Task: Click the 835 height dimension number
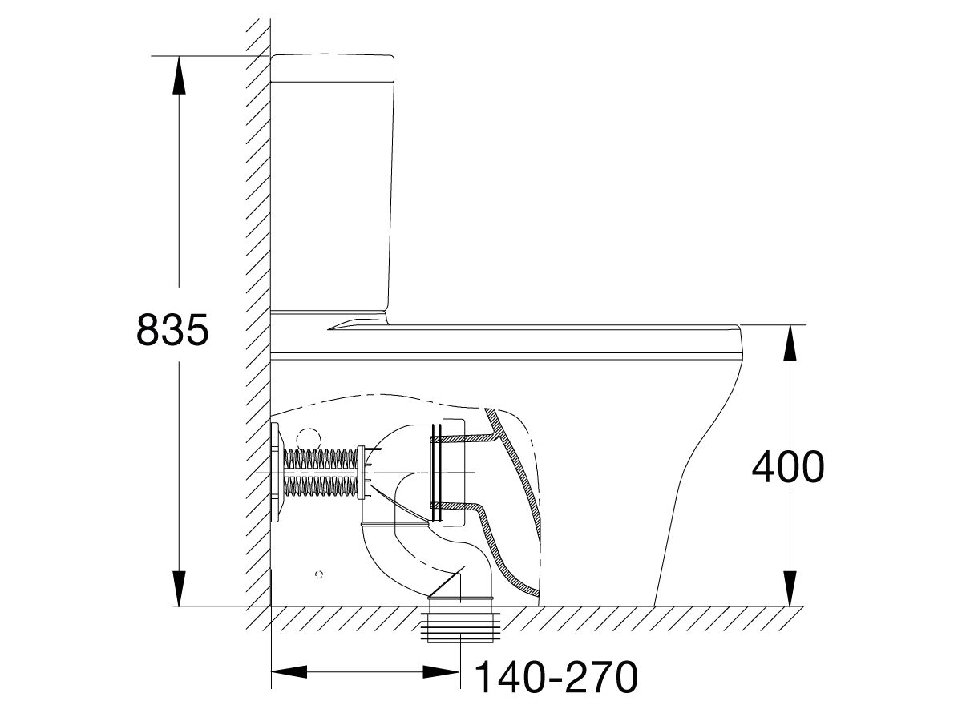172,329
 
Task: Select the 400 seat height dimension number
787,467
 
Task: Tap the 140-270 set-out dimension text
556,679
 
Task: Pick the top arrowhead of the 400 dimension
790,340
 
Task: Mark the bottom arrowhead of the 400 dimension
790,591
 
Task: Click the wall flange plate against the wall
276,473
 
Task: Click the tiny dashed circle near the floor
321,574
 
